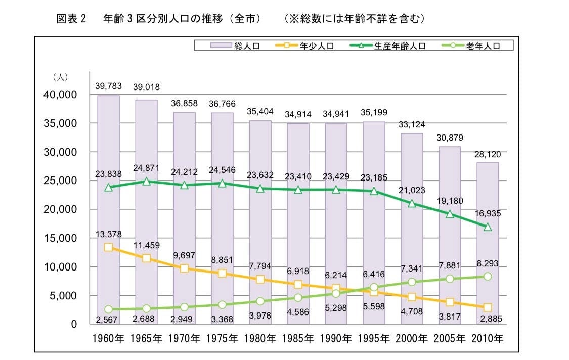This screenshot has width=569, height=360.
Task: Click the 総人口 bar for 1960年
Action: (108, 152)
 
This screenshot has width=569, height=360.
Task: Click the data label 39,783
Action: (108, 86)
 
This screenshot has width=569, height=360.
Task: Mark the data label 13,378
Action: (108, 234)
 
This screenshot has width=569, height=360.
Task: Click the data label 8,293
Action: (488, 263)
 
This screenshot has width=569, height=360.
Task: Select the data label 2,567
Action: (108, 319)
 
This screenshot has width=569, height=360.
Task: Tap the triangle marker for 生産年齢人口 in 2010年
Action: (488, 227)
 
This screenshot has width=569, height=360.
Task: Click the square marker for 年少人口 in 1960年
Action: (108, 247)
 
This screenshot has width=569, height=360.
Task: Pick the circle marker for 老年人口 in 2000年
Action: (412, 282)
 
